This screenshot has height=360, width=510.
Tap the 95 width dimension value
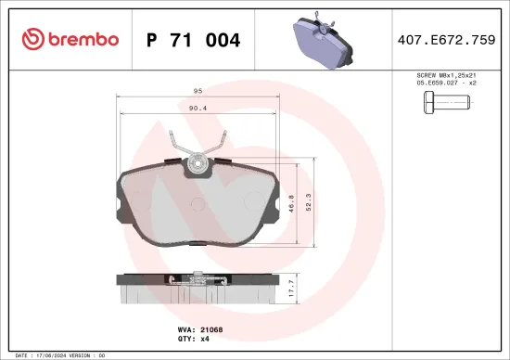click(x=198, y=91)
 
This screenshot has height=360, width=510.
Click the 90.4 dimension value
click(x=198, y=109)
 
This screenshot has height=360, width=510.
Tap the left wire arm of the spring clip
click(x=179, y=146)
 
